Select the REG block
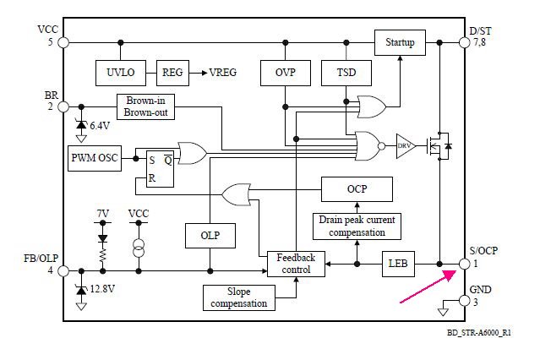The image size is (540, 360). [172, 73]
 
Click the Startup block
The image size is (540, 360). [400, 41]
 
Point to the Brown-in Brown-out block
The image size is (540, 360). [145, 106]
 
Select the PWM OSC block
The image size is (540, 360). [95, 156]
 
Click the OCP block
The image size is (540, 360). [356, 189]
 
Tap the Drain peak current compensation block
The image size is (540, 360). [356, 226]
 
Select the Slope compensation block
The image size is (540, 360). [237, 297]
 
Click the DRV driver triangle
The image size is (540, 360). [406, 145]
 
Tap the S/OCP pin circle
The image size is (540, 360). [464, 264]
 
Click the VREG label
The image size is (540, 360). [223, 73]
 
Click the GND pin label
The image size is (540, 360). [480, 290]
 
